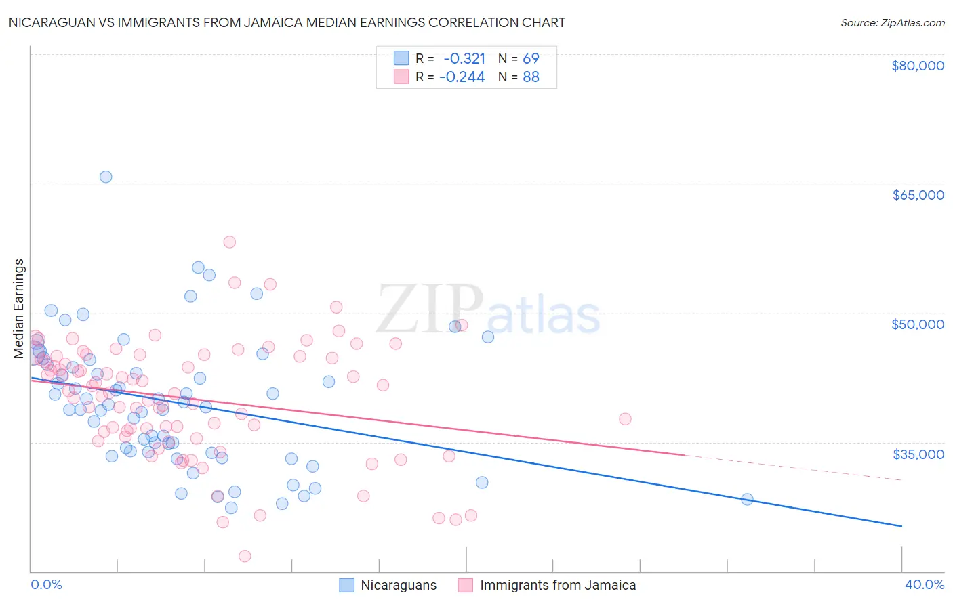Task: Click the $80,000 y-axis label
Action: point(917,66)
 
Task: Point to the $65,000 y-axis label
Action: point(917,195)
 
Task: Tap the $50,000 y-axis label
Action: point(917,324)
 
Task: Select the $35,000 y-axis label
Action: point(917,454)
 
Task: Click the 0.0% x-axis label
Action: point(46,584)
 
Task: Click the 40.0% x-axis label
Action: point(924,584)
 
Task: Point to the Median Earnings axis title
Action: point(19,309)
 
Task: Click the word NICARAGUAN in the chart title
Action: point(51,22)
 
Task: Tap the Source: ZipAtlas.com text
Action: point(892,22)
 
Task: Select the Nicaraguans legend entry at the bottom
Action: point(398,585)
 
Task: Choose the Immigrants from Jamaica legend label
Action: point(557,585)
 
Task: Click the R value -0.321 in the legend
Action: point(464,58)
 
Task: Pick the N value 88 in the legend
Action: point(531,77)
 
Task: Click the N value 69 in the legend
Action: point(531,58)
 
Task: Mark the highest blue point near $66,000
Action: point(106,177)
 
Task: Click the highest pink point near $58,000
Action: point(229,242)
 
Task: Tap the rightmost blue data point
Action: point(747,499)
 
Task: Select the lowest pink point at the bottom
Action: point(245,556)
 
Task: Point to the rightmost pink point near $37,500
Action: point(625,419)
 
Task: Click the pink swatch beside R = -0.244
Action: point(401,77)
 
